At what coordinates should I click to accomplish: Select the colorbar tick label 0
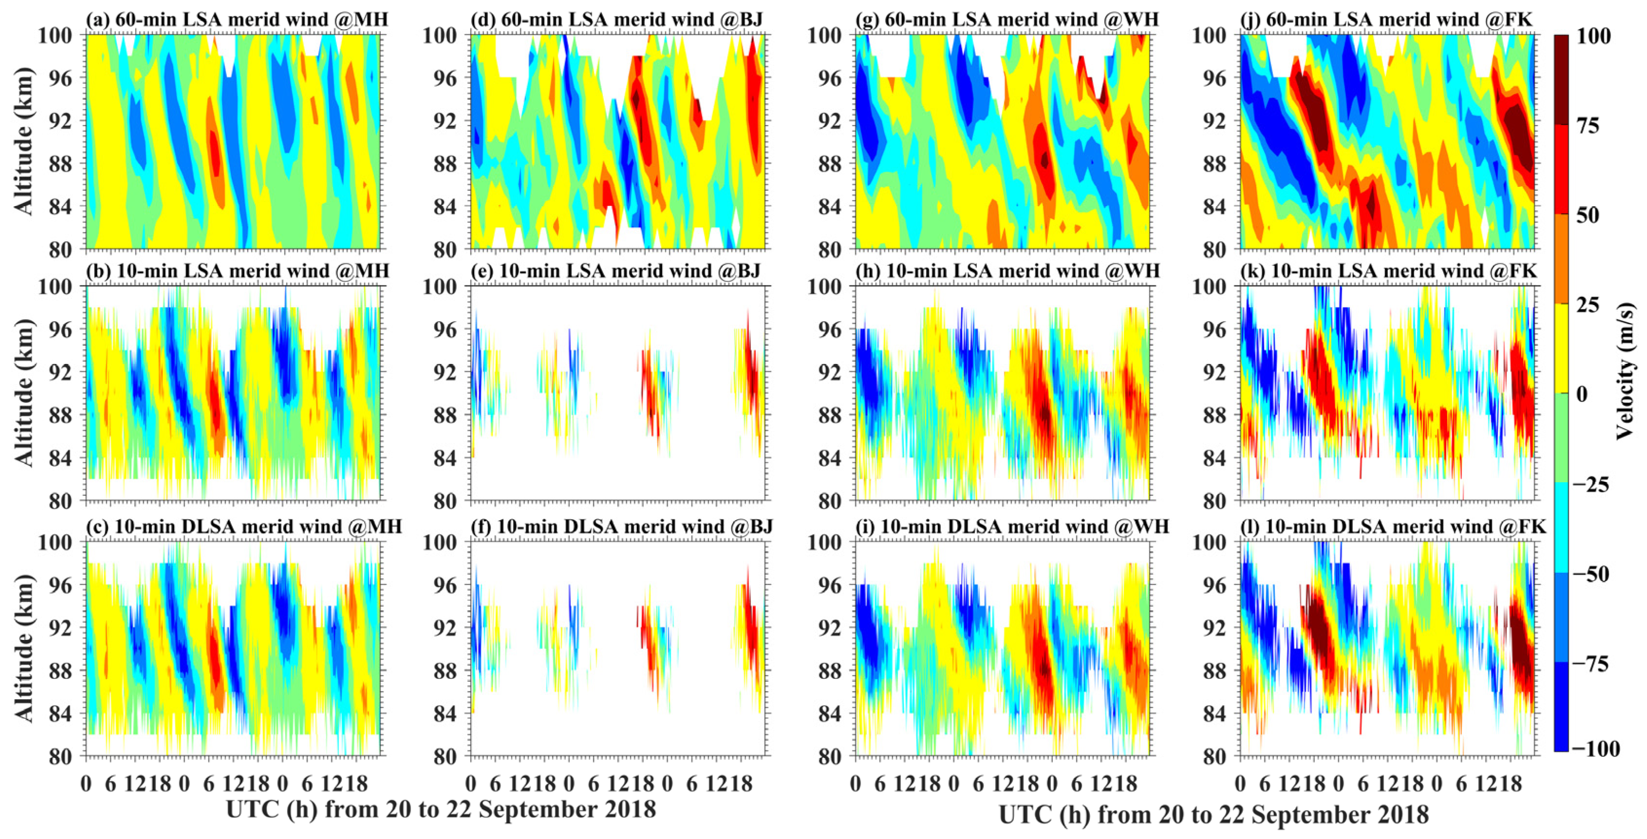click(x=1582, y=394)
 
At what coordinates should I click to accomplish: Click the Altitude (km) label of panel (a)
click(x=23, y=142)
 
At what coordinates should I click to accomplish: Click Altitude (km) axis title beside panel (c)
click(x=23, y=649)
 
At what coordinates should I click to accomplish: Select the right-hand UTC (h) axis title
click(x=1213, y=815)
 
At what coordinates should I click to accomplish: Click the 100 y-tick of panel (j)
click(x=1208, y=36)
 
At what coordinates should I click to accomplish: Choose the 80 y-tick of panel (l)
click(x=1214, y=756)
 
